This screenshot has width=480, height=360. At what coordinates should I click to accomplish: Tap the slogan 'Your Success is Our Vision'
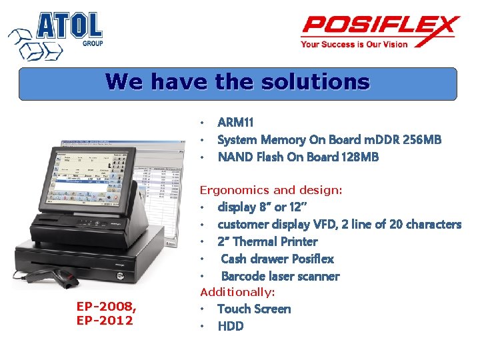[x=354, y=45]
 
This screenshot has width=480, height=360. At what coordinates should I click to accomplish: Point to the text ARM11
[x=235, y=122]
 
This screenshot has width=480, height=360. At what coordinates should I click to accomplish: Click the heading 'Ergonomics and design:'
[x=271, y=190]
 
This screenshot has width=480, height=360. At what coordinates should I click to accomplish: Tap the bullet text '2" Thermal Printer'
[x=267, y=241]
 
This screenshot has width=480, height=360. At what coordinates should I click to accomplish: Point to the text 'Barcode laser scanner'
[x=280, y=276]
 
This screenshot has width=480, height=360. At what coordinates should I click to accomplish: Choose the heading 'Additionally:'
[x=238, y=292]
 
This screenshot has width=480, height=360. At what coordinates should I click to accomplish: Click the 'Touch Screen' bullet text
[x=254, y=309]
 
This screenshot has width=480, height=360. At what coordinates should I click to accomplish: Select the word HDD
[x=231, y=326]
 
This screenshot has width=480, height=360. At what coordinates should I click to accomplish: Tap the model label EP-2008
[x=106, y=307]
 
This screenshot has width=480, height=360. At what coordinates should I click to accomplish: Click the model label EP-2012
[x=106, y=320]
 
